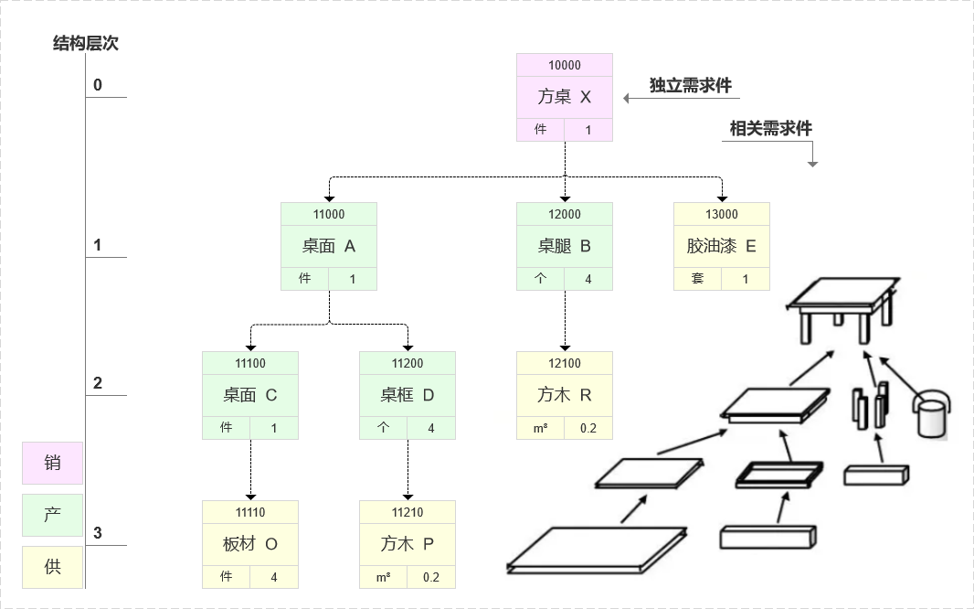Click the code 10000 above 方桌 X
(564, 66)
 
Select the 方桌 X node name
(564, 97)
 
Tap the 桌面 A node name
(328, 246)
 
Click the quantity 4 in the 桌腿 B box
(588, 279)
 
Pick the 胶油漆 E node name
(721, 246)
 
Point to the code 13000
(721, 214)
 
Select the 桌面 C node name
(249, 395)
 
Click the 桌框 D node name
(407, 395)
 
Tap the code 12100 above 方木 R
(564, 363)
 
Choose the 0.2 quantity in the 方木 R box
(588, 428)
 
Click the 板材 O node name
(249, 544)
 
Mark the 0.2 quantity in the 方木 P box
(430, 577)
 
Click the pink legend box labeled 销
(52, 463)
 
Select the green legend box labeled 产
(52, 515)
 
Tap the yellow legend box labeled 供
(52, 567)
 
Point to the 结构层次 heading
(85, 43)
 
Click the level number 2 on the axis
(98, 383)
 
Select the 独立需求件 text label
(690, 85)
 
